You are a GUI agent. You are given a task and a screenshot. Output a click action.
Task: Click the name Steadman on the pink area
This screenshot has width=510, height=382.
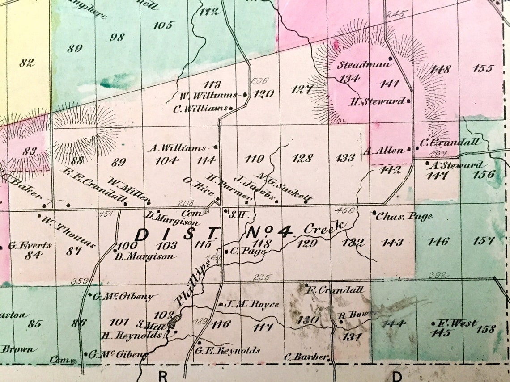click(364, 65)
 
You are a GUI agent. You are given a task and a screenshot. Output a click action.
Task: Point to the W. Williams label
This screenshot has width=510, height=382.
click(209, 95)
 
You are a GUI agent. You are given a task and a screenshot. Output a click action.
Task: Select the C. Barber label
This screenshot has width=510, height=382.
click(306, 357)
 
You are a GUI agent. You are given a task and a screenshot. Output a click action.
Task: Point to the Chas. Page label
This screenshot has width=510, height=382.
click(404, 217)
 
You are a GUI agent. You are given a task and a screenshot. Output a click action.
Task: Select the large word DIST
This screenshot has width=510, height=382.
click(178, 234)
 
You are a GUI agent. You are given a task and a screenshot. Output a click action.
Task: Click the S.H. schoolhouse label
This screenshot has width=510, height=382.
click(238, 214)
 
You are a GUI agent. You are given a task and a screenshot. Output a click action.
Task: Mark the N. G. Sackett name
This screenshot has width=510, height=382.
click(285, 187)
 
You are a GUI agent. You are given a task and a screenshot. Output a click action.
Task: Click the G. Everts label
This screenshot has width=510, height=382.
click(30, 245)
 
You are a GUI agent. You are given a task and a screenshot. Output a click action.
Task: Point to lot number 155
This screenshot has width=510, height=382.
click(482, 68)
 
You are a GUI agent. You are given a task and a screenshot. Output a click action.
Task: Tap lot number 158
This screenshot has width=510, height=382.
click(486, 329)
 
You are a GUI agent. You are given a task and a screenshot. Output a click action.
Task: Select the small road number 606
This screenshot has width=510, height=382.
click(259, 81)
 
